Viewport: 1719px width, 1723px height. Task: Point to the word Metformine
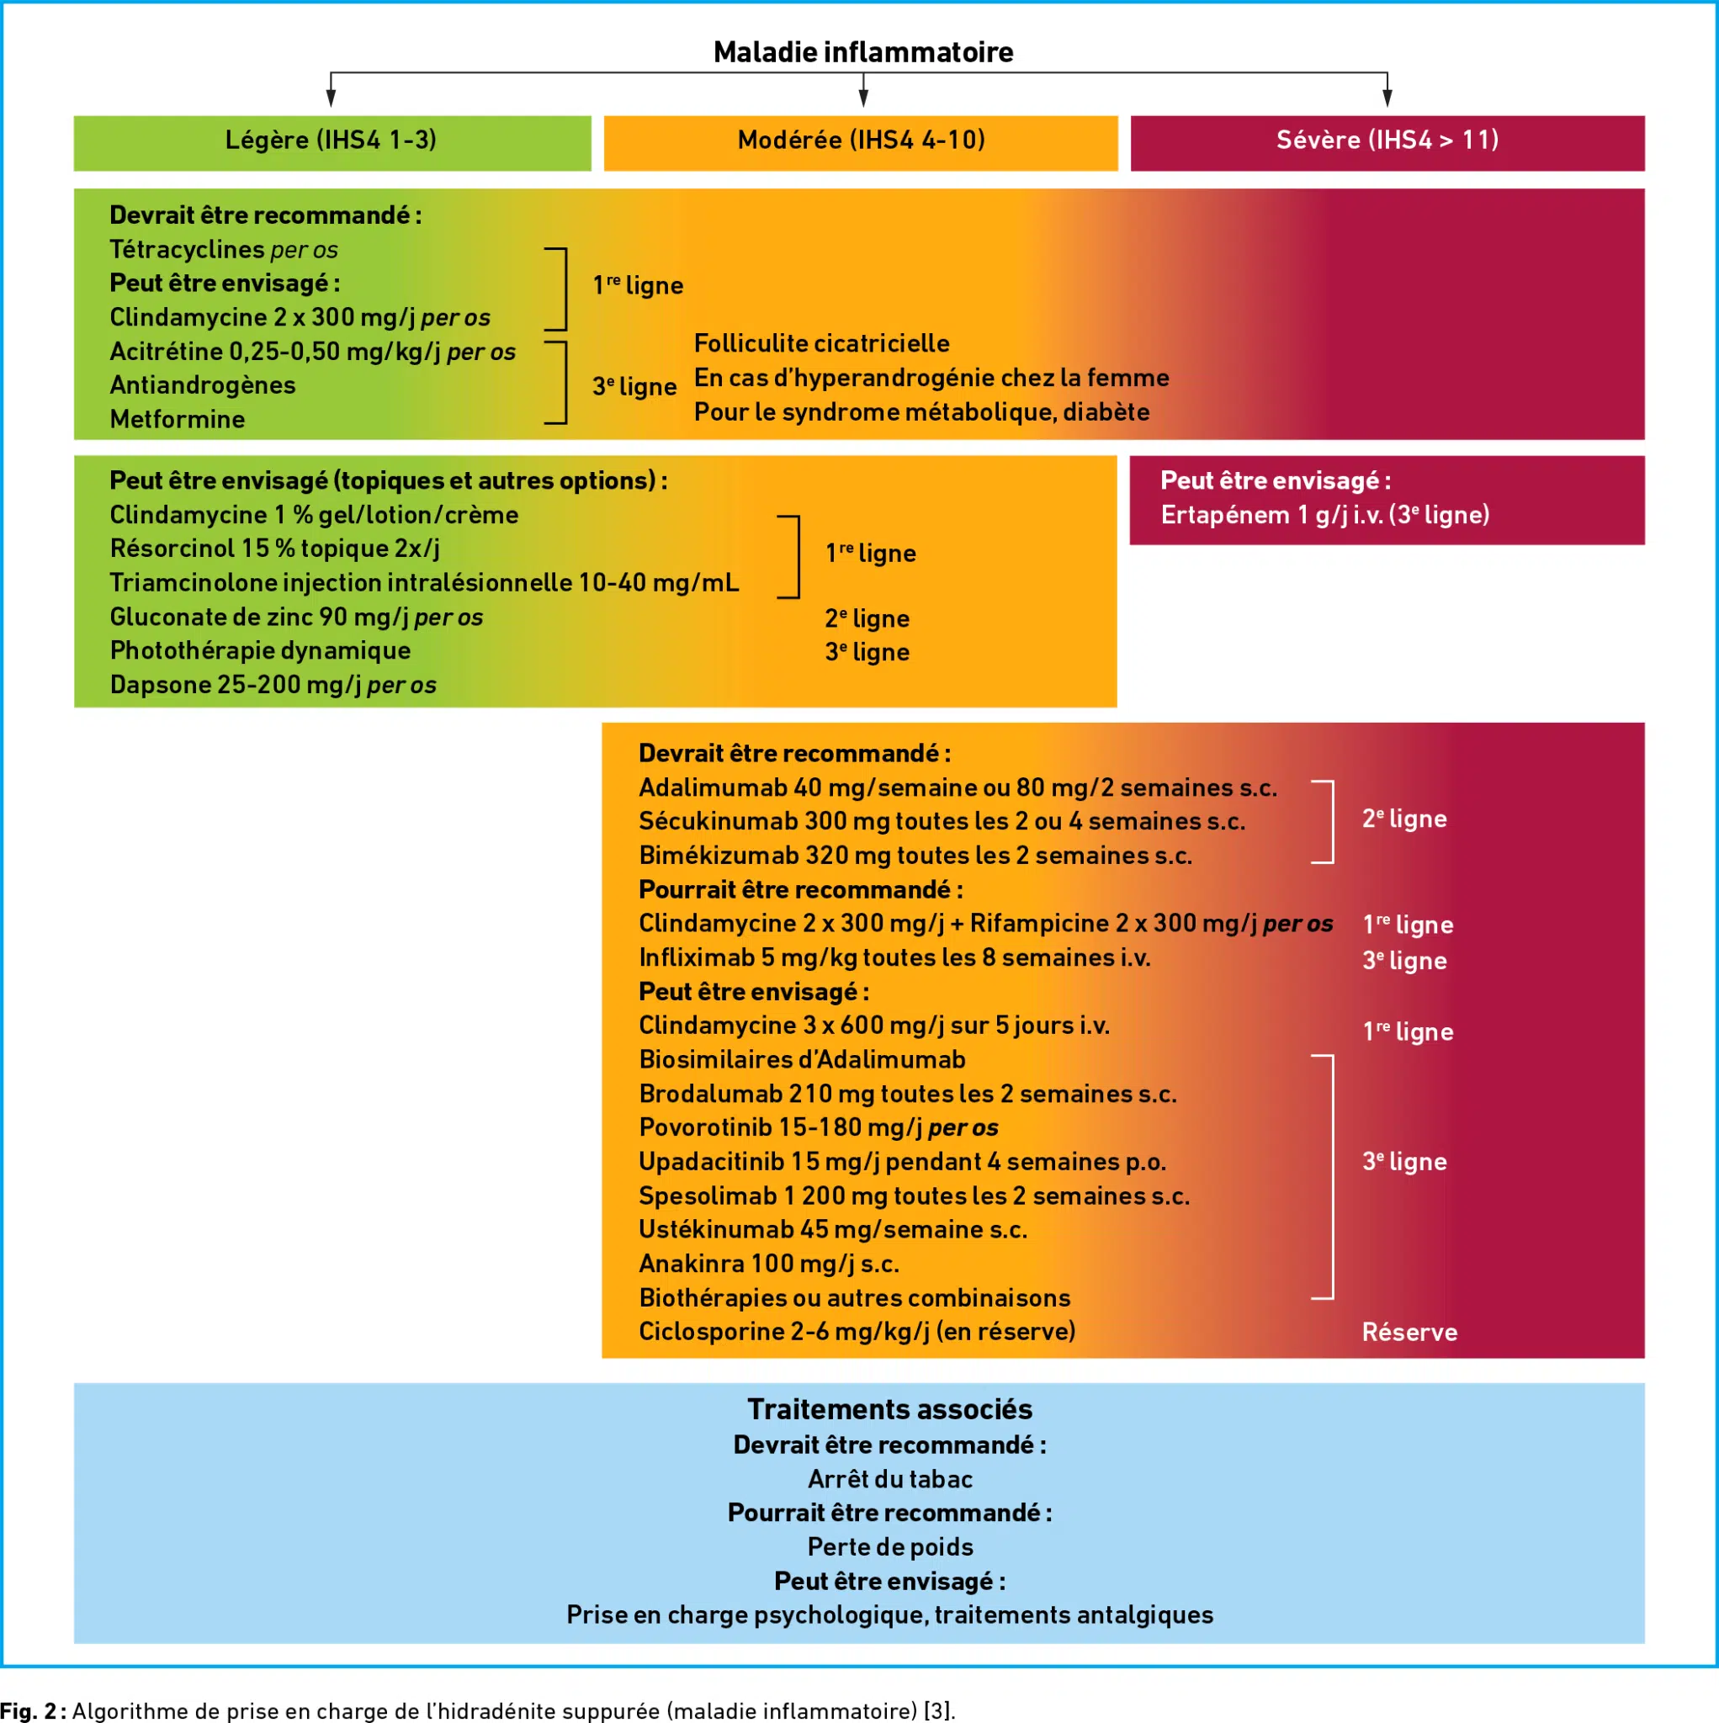pyautogui.click(x=177, y=419)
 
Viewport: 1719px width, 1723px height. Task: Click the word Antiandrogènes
pyautogui.click(x=203, y=385)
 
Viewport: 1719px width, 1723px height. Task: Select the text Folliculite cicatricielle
pyautogui.click(x=820, y=343)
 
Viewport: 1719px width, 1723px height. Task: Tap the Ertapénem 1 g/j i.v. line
pyautogui.click(x=1324, y=516)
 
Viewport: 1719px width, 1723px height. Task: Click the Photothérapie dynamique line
pyautogui.click(x=260, y=651)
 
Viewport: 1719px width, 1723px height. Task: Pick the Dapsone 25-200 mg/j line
pyautogui.click(x=272, y=685)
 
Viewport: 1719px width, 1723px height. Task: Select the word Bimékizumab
pyautogui.click(x=718, y=856)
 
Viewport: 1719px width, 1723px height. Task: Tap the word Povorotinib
pyautogui.click(x=705, y=1128)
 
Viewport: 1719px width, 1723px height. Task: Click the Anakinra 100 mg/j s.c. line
pyautogui.click(x=768, y=1264)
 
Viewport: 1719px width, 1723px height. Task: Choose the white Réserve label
pyautogui.click(x=1409, y=1333)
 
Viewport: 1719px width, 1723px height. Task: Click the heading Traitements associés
pyautogui.click(x=889, y=1410)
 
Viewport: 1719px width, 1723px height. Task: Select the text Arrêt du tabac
pyautogui.click(x=889, y=1480)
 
